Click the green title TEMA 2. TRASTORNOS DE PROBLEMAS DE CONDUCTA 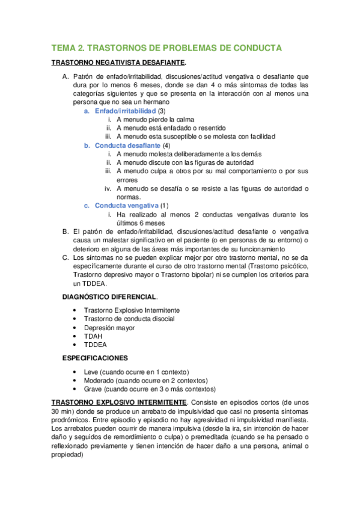(x=166, y=48)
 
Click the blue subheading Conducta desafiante (x=127, y=146)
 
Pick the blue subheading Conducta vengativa (x=126, y=206)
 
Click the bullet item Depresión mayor (x=109, y=328)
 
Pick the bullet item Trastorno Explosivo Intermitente (x=132, y=310)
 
